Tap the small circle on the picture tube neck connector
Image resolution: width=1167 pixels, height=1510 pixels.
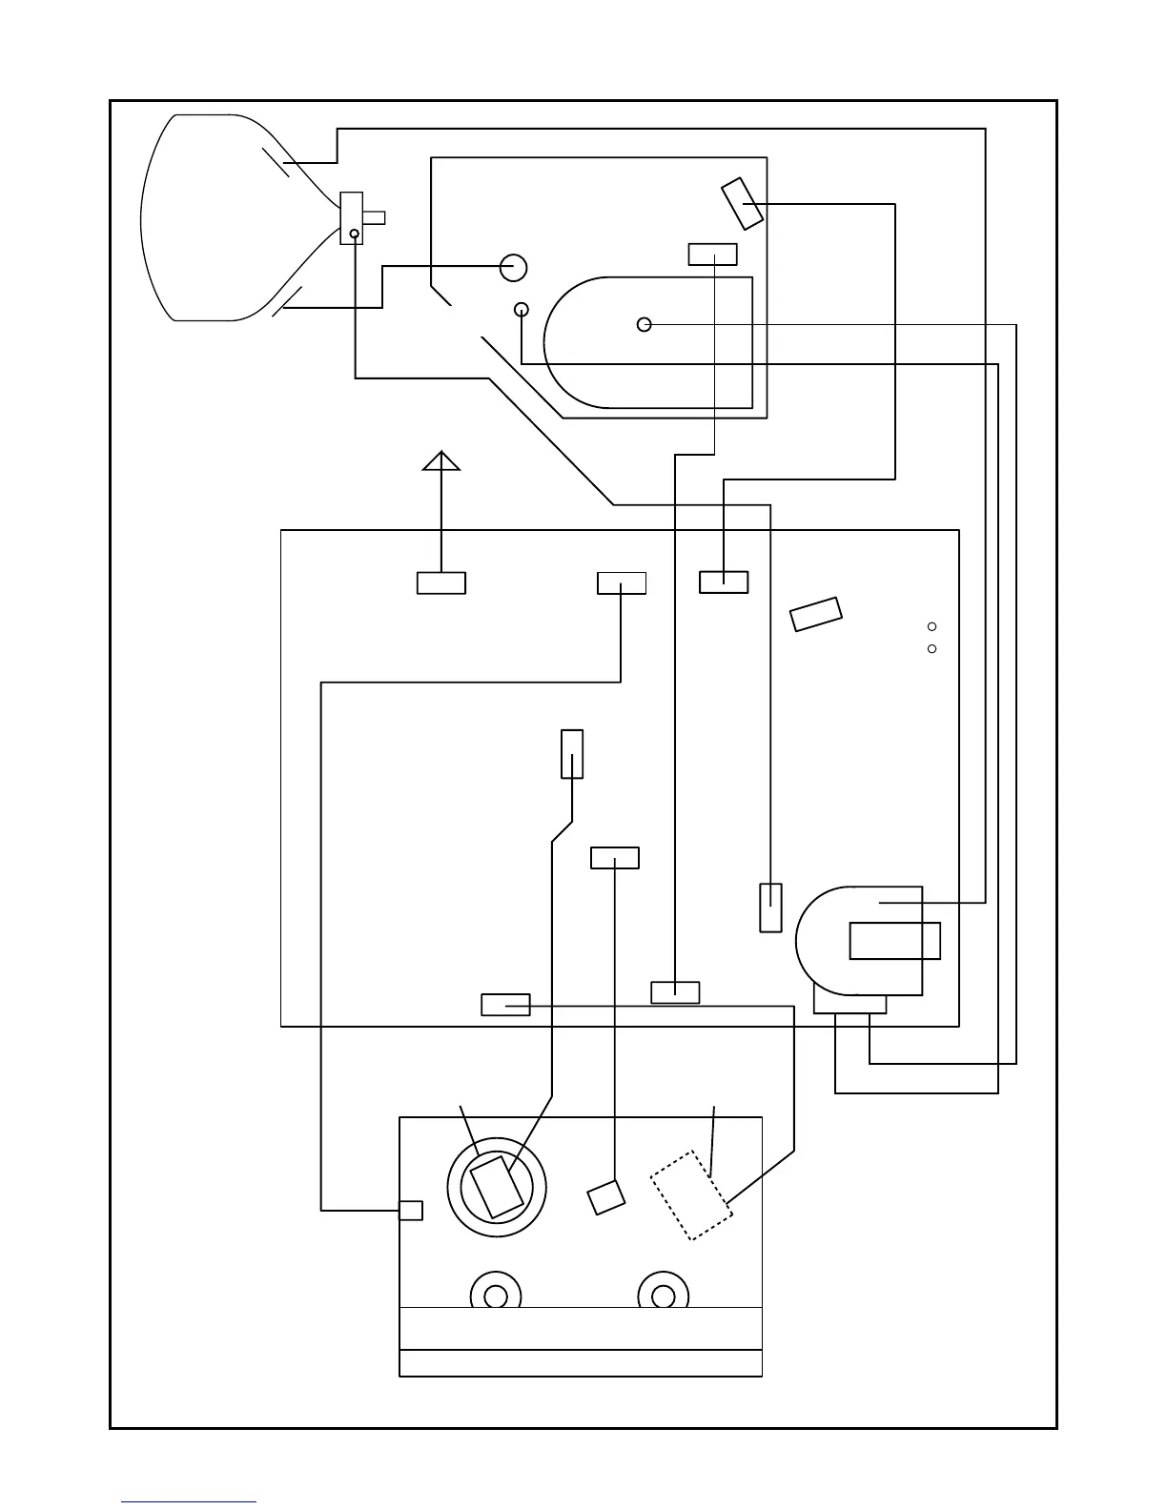click(x=354, y=234)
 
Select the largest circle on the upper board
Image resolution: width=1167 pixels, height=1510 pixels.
click(x=514, y=267)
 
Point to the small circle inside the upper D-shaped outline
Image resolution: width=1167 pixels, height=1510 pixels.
click(x=645, y=324)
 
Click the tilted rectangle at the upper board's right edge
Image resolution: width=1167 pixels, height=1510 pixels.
click(x=742, y=203)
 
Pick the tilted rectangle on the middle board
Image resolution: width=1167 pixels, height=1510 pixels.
click(x=816, y=614)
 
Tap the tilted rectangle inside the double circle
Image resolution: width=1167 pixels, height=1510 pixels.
click(x=497, y=1186)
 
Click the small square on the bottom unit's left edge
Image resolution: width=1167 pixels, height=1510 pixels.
click(x=410, y=1210)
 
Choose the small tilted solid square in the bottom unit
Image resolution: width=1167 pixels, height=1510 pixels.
click(x=606, y=1196)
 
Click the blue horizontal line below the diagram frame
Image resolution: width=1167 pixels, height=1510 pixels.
click(x=188, y=1501)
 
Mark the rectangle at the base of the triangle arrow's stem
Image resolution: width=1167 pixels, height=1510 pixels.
click(x=441, y=582)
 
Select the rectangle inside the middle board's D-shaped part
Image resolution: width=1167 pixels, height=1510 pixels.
click(x=894, y=940)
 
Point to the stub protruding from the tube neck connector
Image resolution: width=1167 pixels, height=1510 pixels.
click(x=374, y=217)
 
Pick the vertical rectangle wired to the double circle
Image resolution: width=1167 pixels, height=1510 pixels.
click(x=572, y=753)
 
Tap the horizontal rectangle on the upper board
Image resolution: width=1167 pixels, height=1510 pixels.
click(x=712, y=255)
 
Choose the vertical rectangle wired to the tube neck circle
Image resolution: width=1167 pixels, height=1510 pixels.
click(x=770, y=908)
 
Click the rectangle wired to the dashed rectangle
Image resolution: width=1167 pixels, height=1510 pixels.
click(x=505, y=1005)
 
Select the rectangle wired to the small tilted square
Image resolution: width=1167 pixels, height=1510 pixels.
click(x=615, y=858)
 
